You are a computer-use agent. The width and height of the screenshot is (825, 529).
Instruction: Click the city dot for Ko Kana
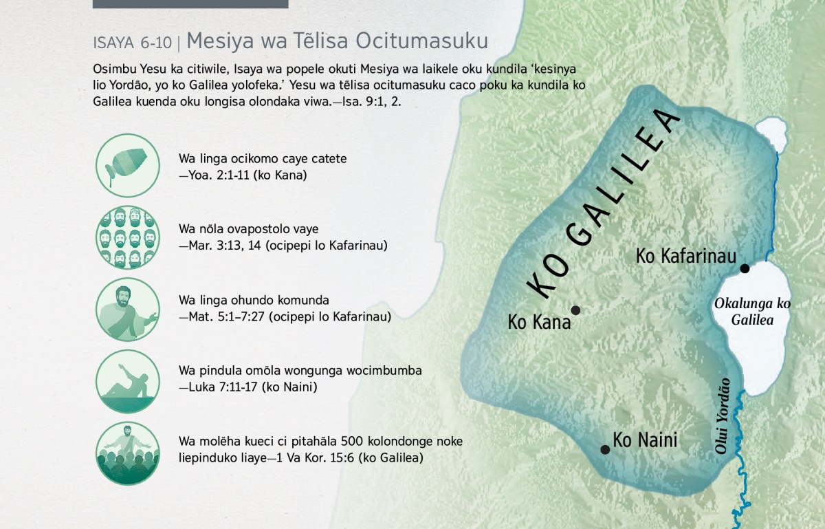(x=575, y=310)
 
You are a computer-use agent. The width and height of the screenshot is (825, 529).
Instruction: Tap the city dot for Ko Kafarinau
(x=745, y=268)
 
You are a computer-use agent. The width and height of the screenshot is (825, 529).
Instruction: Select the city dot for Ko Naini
(x=605, y=449)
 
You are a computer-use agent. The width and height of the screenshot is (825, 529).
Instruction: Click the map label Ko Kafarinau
(x=686, y=256)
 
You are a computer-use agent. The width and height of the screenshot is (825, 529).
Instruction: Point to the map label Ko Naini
(x=645, y=440)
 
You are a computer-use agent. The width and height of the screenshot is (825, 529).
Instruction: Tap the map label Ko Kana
(x=539, y=322)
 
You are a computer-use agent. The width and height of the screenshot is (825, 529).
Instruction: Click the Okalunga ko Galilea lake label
(x=752, y=312)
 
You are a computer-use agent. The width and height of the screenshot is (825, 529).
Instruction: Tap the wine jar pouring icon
(x=128, y=166)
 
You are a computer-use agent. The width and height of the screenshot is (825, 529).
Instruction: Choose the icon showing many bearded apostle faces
(x=128, y=237)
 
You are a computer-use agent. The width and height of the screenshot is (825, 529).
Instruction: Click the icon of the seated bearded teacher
(x=128, y=310)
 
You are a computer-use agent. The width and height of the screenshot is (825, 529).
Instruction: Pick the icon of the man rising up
(x=128, y=381)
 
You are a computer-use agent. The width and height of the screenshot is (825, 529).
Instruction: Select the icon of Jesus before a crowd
(x=128, y=453)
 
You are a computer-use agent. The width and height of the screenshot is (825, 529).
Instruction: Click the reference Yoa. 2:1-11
(x=219, y=175)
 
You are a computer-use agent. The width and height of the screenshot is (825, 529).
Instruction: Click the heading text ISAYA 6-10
(x=133, y=43)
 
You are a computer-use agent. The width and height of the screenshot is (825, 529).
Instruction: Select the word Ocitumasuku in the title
(x=421, y=41)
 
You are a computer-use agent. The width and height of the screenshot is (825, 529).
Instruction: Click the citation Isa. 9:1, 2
(x=372, y=102)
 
